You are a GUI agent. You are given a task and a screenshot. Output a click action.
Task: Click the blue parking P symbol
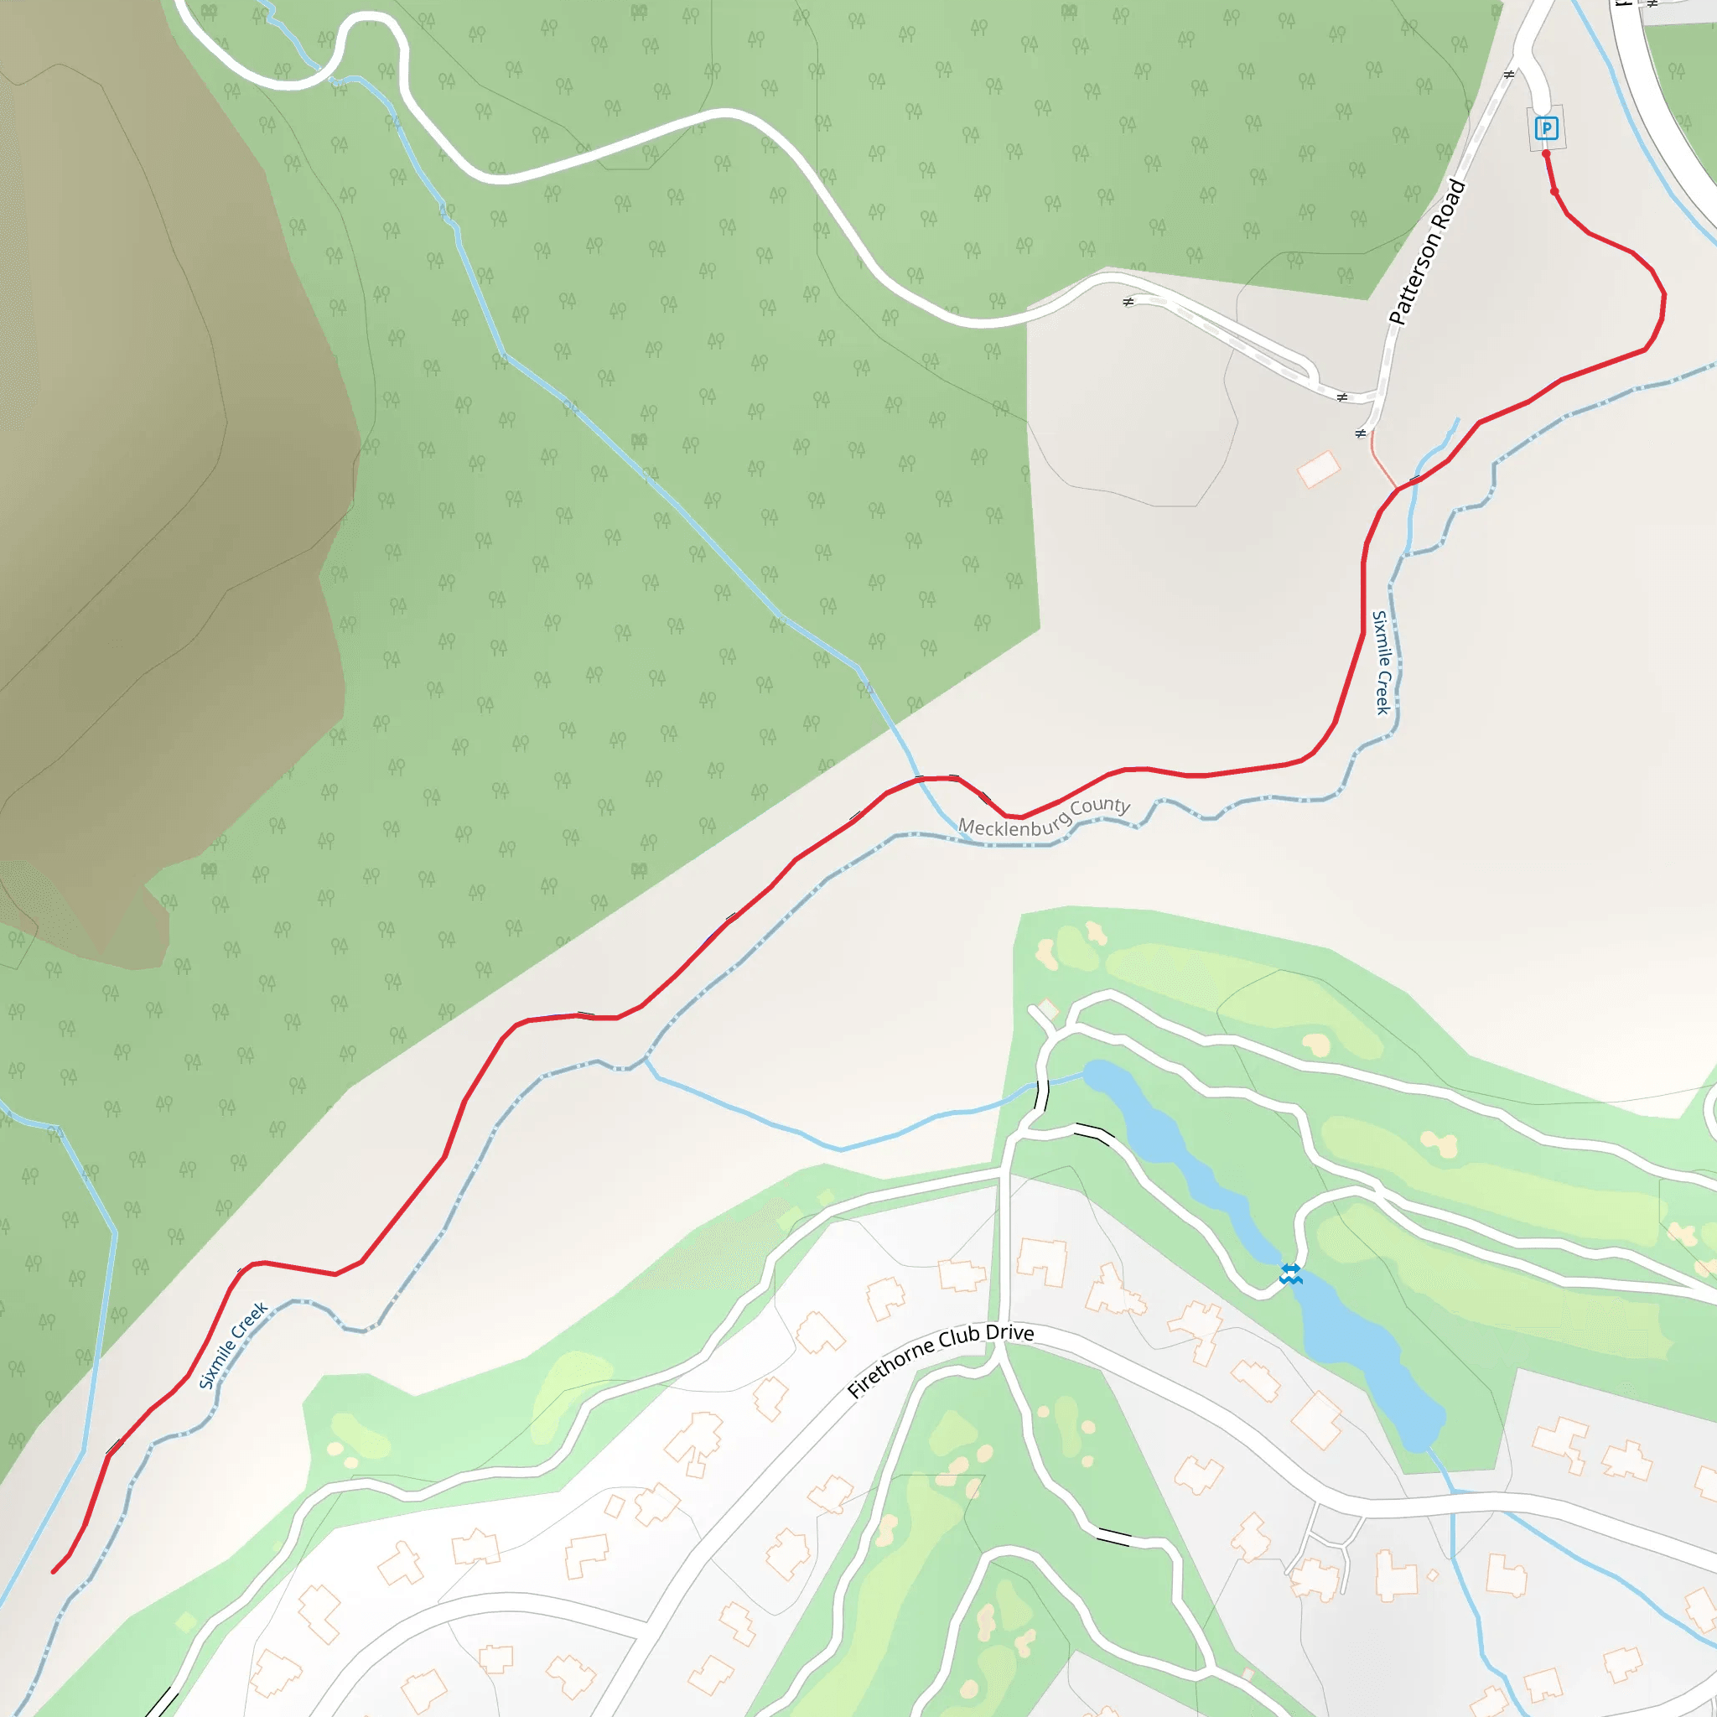[1546, 129]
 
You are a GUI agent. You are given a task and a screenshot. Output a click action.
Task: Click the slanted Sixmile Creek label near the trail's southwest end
[233, 1345]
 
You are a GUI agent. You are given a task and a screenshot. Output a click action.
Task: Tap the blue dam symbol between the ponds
[1290, 1274]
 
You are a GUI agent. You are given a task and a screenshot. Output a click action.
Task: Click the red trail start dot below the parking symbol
[1546, 154]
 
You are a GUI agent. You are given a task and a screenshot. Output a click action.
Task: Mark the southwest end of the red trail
[54, 1571]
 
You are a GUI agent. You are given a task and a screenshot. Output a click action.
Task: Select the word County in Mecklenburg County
[1100, 808]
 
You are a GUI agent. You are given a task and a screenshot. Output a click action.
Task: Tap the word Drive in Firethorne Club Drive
[1009, 1334]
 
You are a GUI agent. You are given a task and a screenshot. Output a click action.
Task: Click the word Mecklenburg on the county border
[1013, 826]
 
